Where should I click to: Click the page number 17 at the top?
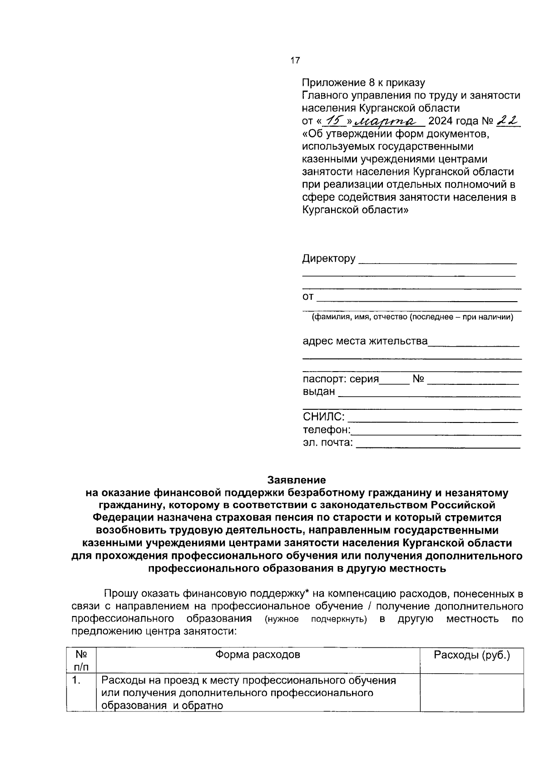(295, 60)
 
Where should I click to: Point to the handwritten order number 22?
(508, 120)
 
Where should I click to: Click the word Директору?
(329, 259)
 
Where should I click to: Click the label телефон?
(327, 430)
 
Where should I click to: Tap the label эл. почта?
(327, 442)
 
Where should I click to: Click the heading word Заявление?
(297, 480)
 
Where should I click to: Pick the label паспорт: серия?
(341, 379)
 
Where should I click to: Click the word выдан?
(319, 392)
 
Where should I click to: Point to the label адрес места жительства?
(365, 341)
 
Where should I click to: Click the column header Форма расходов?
(258, 655)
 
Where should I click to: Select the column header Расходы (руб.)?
(472, 655)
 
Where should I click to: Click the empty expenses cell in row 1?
(472, 693)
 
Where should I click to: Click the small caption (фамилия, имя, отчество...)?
(412, 317)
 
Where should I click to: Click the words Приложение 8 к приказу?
(363, 83)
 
